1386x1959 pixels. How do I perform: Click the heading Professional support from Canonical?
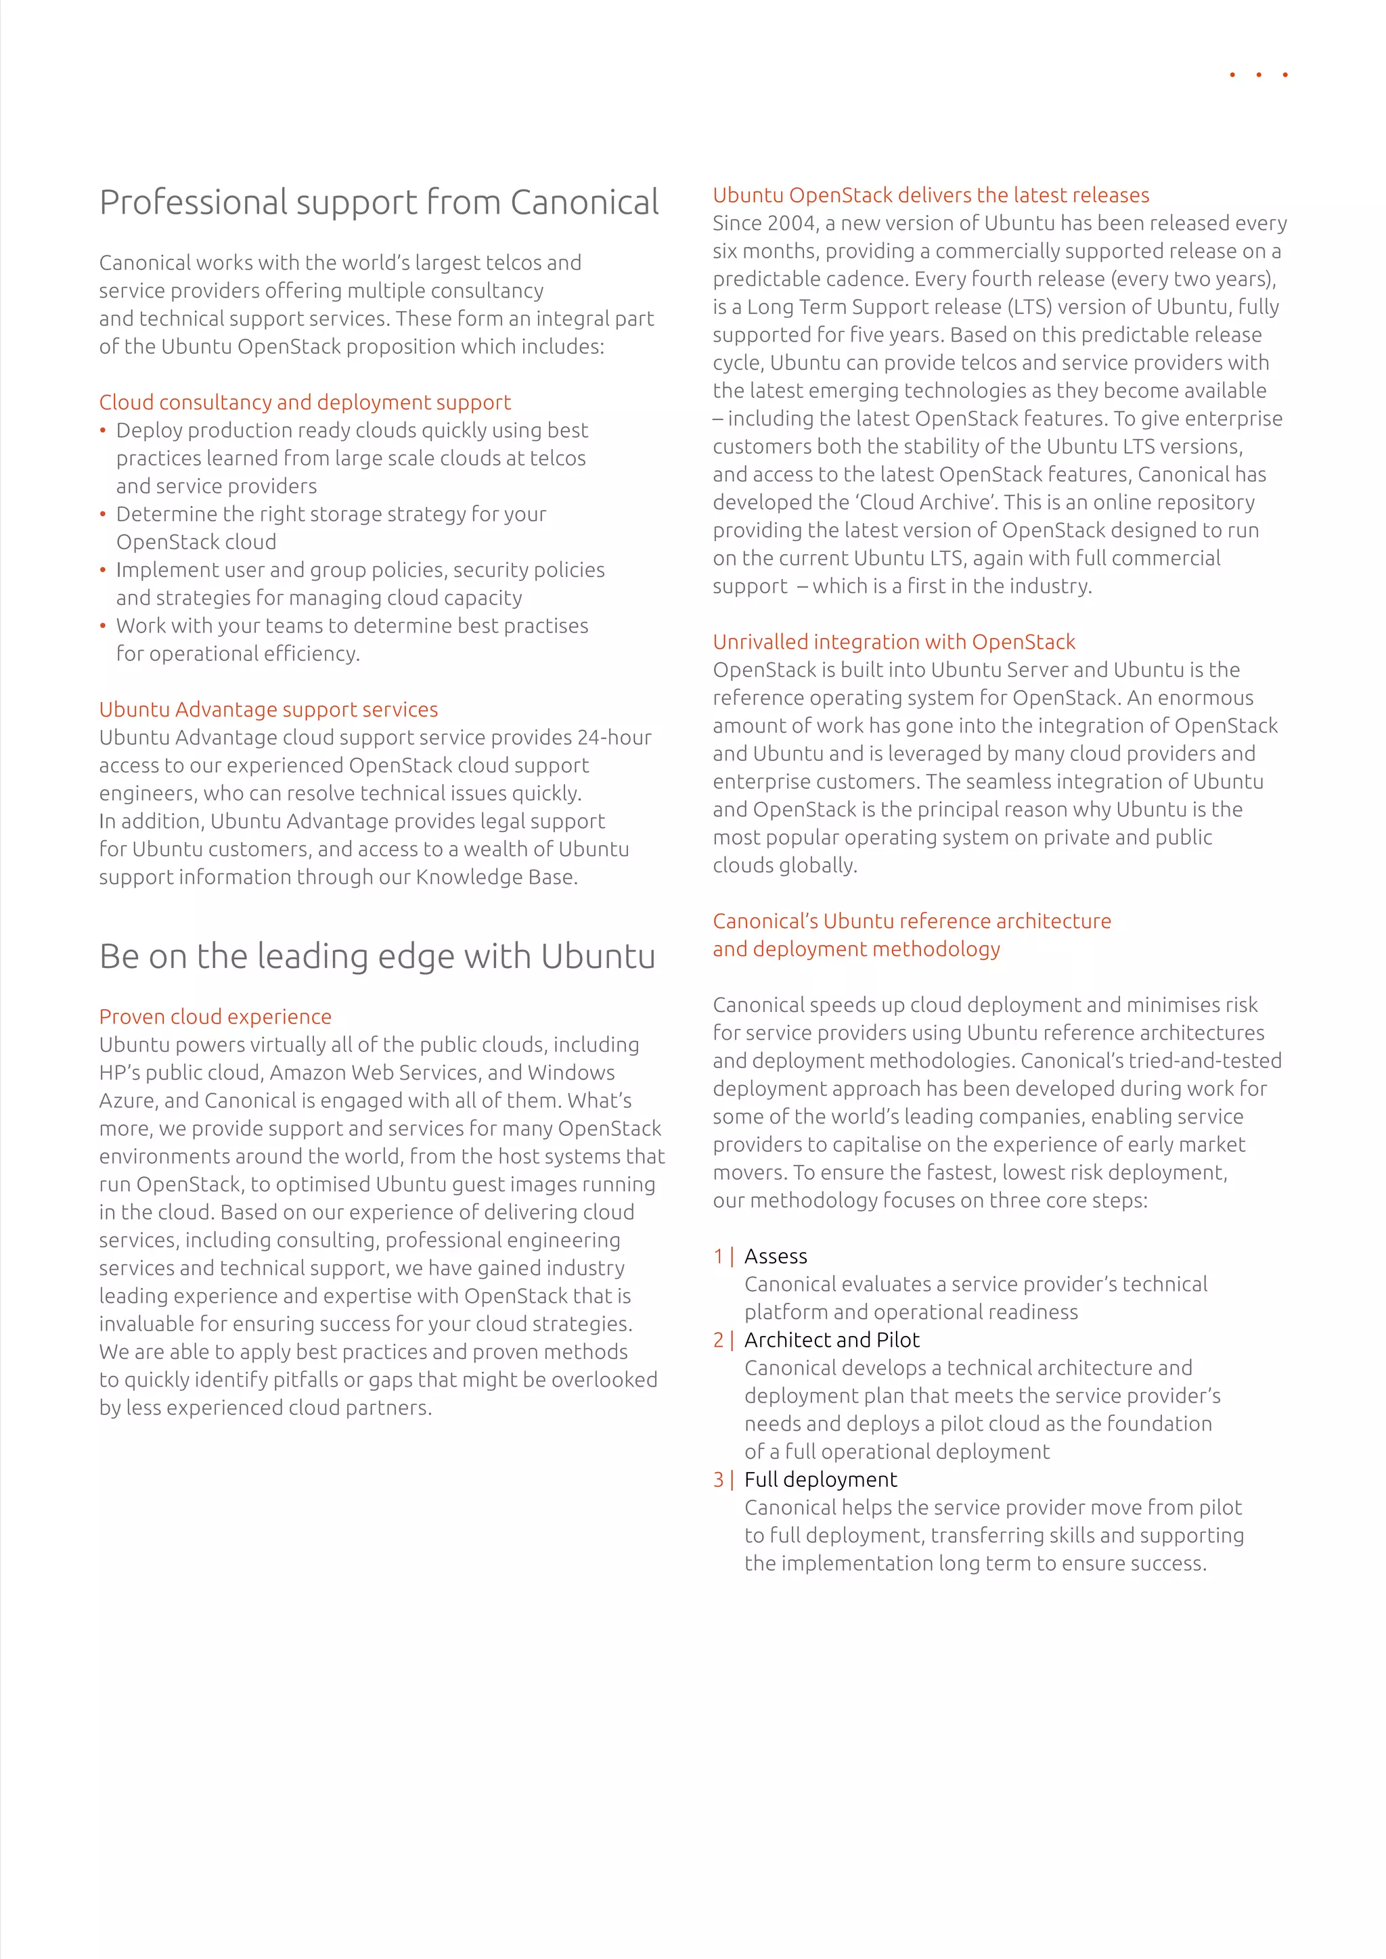coord(378,203)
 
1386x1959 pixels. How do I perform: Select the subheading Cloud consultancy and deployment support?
coord(305,402)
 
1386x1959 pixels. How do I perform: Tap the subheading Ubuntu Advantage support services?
coord(268,709)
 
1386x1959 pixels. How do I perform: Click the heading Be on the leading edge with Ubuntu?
coord(376,957)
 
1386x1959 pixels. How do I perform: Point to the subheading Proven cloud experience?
coord(215,1016)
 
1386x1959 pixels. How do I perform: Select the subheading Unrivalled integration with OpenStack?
coord(893,642)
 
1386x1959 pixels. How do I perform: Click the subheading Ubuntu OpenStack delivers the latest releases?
coord(931,195)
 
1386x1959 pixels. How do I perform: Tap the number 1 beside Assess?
coord(719,1256)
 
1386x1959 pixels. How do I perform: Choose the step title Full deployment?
coord(820,1479)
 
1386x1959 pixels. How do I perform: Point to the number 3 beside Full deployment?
coord(719,1479)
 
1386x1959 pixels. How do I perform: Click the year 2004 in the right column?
coord(791,223)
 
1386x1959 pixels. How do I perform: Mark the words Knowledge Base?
coord(496,877)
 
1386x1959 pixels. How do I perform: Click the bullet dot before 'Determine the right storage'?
coord(102,515)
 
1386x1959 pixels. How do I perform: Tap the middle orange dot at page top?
coord(1258,75)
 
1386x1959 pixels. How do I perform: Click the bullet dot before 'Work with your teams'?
coord(102,626)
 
